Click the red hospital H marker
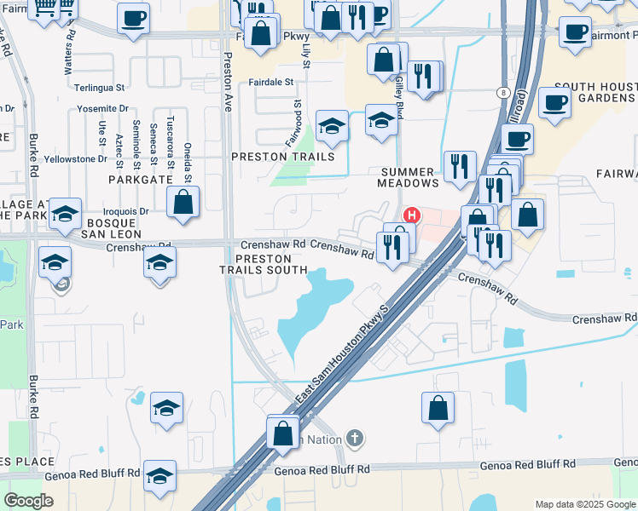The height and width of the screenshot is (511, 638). click(411, 215)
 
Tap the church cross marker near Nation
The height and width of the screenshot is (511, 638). click(355, 439)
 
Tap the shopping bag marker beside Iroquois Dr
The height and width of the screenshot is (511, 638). click(183, 203)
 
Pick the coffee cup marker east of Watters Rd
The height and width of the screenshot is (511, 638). click(133, 18)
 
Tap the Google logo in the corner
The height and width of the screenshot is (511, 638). click(29, 501)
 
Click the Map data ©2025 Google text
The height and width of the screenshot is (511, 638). click(585, 504)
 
